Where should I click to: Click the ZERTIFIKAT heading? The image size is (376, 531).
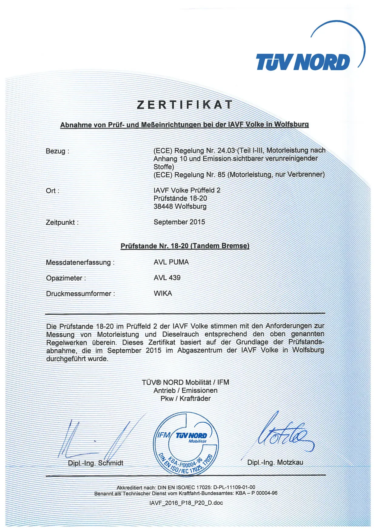pyautogui.click(x=185, y=105)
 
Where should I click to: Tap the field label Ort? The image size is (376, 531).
pyautogui.click(x=52, y=191)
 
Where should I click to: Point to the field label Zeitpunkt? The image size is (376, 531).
pyautogui.click(x=62, y=223)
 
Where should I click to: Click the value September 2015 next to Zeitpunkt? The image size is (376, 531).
pyautogui.click(x=179, y=222)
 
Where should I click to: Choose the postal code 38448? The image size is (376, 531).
pyautogui.click(x=163, y=206)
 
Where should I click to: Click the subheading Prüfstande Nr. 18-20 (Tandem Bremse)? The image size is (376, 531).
pyautogui.click(x=185, y=246)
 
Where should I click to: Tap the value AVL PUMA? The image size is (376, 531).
pyautogui.click(x=171, y=262)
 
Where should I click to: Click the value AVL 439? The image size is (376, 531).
pyautogui.click(x=167, y=278)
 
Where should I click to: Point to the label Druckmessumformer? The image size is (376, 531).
pyautogui.click(x=80, y=294)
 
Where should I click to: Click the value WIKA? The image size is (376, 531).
pyautogui.click(x=163, y=293)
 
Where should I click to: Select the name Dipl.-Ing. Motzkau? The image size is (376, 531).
pyautogui.click(x=275, y=463)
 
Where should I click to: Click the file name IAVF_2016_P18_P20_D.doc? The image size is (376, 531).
pyautogui.click(x=186, y=503)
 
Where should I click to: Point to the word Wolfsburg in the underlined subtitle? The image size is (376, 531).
pyautogui.click(x=291, y=124)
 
